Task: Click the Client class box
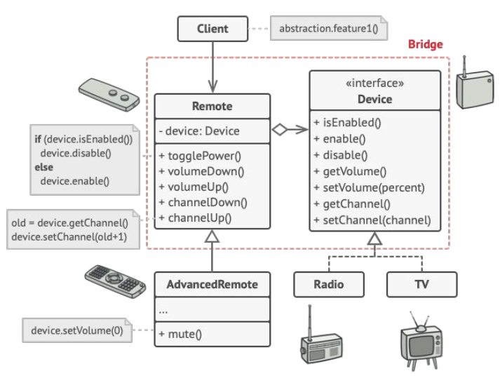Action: pos(212,29)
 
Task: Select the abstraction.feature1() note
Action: pos(329,28)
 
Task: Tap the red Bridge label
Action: pos(426,44)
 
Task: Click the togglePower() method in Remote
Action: pos(200,156)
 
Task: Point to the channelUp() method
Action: pos(195,218)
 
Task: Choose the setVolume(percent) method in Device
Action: pos(370,187)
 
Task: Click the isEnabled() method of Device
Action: pos(347,123)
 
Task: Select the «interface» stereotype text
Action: pos(374,83)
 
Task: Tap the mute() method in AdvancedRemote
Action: pos(180,334)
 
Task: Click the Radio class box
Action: pos(329,284)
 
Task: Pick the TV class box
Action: pos(422,284)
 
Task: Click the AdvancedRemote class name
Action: pos(212,284)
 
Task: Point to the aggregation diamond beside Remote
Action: pos(280,130)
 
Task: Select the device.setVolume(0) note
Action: pos(77,330)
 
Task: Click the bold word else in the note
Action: pos(44,167)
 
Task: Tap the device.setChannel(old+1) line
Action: pos(69,237)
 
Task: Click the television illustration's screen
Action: pos(420,346)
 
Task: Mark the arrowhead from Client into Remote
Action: pos(212,86)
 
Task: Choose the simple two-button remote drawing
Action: pos(109,95)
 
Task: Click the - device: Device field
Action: pos(199,131)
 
